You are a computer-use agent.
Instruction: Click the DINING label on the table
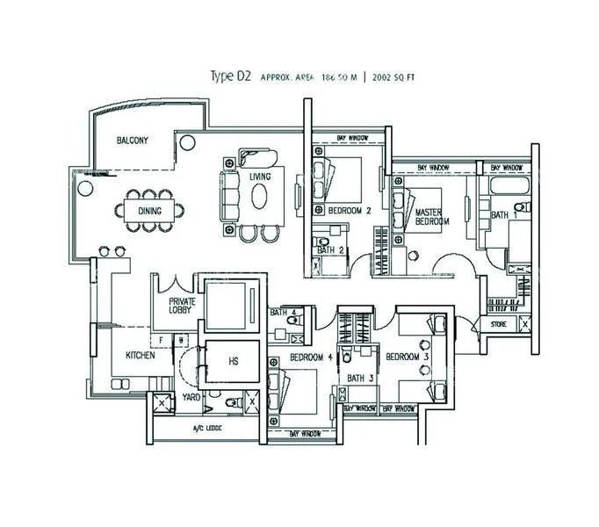149,211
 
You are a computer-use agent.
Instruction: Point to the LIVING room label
259,177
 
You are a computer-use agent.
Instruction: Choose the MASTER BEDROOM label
431,217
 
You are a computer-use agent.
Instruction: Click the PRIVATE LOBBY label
182,307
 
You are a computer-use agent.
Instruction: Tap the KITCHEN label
141,356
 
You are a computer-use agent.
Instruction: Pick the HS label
233,361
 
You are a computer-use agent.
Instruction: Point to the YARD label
191,397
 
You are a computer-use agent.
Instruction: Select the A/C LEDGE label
207,430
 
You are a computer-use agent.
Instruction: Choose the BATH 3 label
360,379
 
